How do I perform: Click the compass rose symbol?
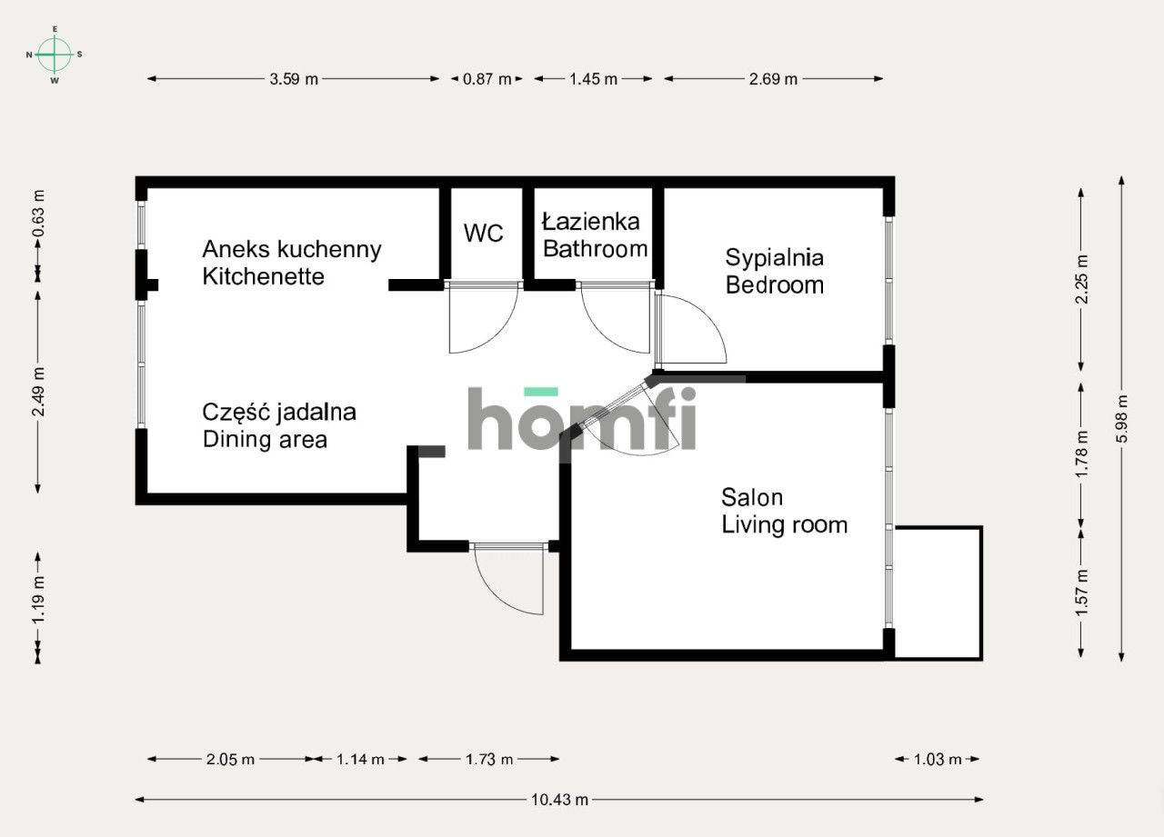tap(55, 55)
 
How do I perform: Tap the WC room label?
tap(483, 234)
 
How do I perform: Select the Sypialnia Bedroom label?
tap(774, 271)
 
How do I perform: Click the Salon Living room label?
tap(784, 512)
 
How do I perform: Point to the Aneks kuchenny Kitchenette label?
tap(291, 263)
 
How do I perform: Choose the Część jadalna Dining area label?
tap(278, 426)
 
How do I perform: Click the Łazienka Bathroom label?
tap(594, 234)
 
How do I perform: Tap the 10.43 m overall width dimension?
tap(559, 800)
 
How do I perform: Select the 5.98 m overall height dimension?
tap(1122, 419)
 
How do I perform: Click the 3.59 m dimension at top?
tap(294, 79)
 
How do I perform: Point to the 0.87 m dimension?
tap(487, 79)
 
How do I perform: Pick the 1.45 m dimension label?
tap(593, 79)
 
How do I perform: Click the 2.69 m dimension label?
tap(773, 79)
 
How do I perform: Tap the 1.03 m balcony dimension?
tap(938, 760)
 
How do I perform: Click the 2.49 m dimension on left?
tap(38, 392)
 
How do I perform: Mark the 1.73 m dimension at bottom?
tap(489, 760)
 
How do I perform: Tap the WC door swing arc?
tap(484, 320)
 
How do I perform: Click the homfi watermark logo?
tap(582, 420)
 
